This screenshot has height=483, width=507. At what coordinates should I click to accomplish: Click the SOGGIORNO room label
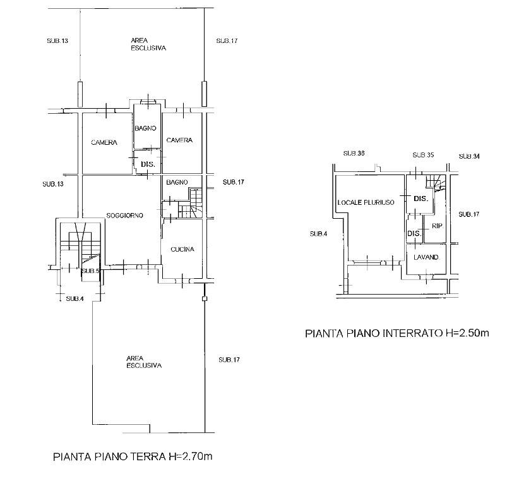[x=124, y=216]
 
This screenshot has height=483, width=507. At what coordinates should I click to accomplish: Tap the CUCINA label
[x=182, y=249]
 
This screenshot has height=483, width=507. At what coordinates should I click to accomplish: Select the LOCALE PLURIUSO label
[x=366, y=203]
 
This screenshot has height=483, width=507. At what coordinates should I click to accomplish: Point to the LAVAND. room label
[x=426, y=257]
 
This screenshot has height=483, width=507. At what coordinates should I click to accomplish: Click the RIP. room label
[x=437, y=226]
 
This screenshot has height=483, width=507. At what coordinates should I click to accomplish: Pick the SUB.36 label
[x=354, y=153]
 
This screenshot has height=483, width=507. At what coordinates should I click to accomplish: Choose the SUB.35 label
[x=423, y=155]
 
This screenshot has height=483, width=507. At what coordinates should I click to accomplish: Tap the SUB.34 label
[x=469, y=156]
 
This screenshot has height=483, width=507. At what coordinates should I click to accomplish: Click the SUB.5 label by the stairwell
[x=90, y=271]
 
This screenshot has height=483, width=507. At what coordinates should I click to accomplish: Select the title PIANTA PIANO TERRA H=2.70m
[x=133, y=456]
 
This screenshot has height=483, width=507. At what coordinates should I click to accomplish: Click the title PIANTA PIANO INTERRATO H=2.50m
[x=397, y=333]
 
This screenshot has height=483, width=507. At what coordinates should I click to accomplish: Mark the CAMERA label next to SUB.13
[x=104, y=142]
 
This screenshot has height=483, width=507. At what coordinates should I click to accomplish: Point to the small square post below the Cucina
[x=205, y=299]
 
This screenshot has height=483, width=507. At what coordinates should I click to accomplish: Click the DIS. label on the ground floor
[x=148, y=164]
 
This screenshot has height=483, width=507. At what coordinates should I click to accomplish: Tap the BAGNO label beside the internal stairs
[x=177, y=182]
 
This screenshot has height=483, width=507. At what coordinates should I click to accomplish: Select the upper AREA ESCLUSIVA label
[x=148, y=44]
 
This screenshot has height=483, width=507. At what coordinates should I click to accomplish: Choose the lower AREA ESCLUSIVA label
[x=144, y=362]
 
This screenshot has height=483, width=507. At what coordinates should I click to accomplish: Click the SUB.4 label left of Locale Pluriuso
[x=318, y=234]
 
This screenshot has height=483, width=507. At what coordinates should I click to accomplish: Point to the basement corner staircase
[x=436, y=182]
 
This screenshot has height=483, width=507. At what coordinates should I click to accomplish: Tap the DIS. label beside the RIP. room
[x=414, y=233]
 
